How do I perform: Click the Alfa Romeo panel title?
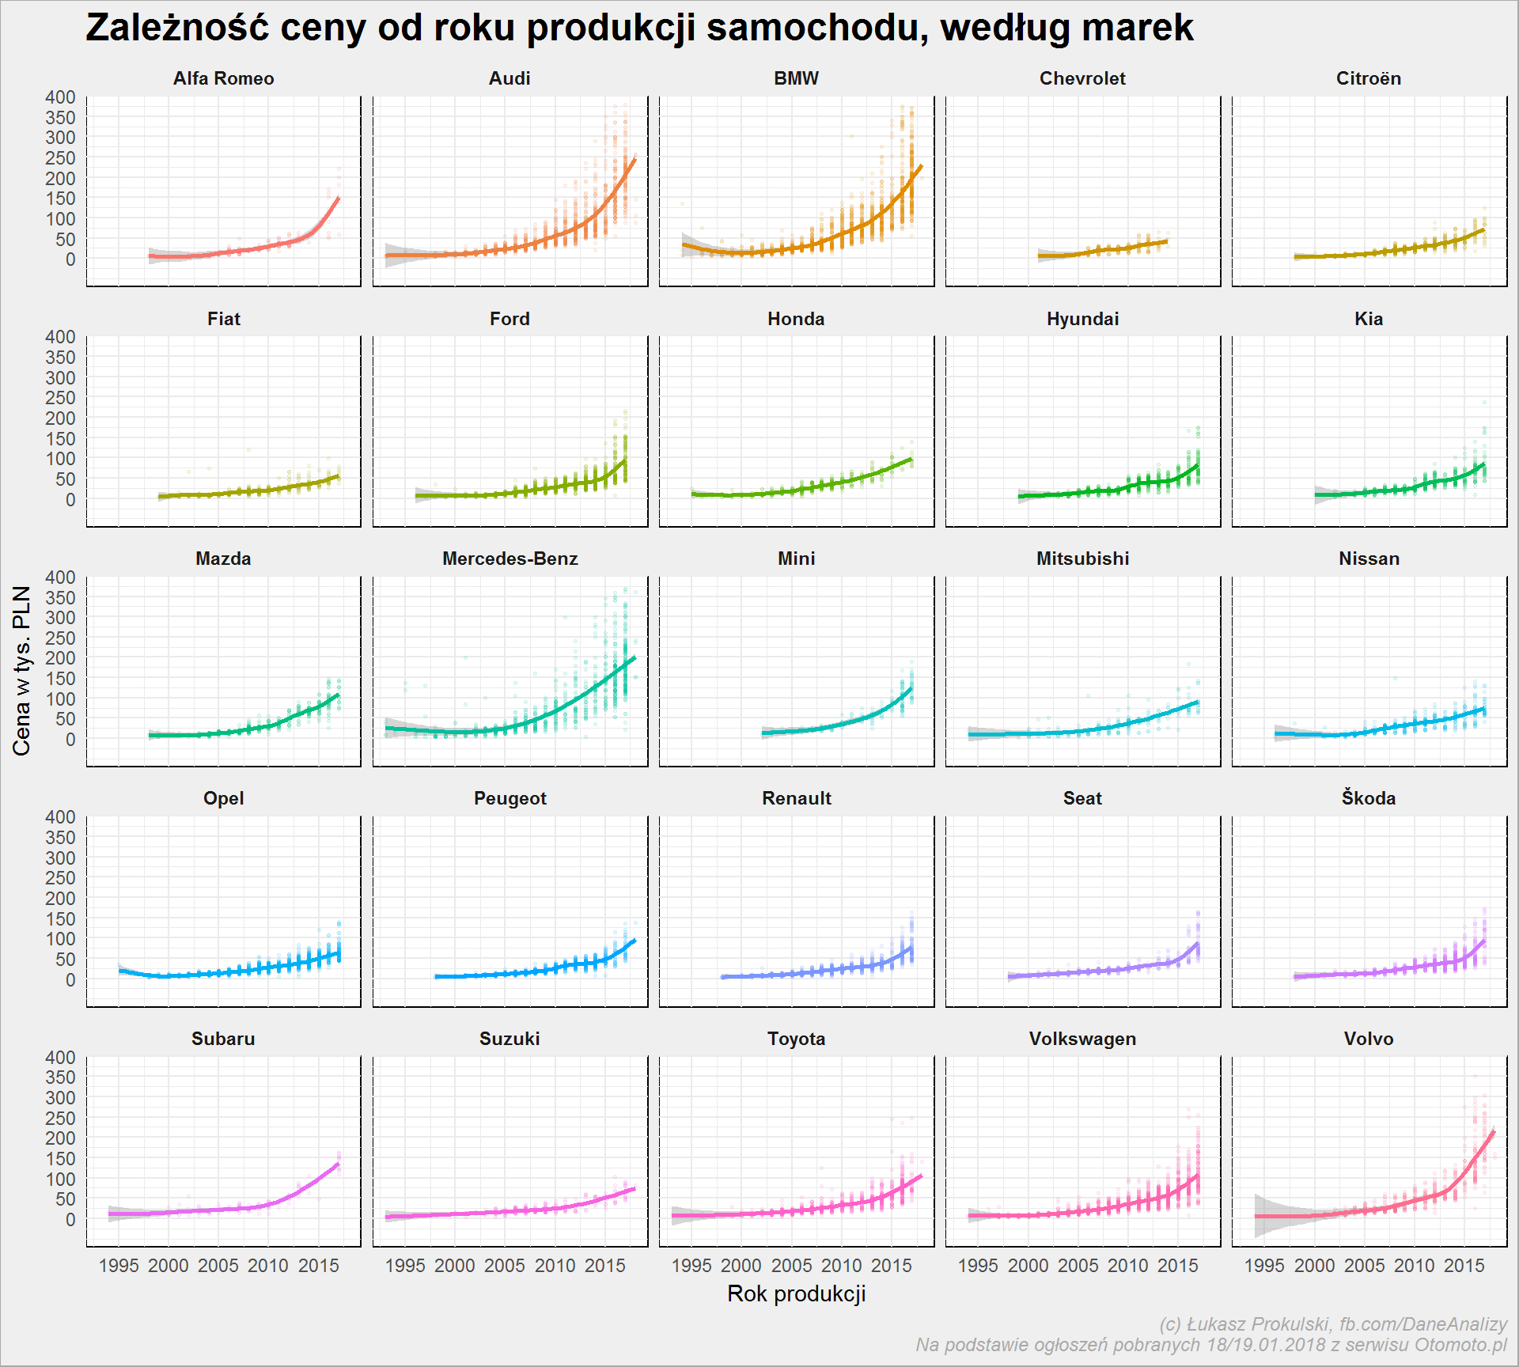point(223,78)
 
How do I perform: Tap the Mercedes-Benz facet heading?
point(510,559)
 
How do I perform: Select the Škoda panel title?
point(1369,797)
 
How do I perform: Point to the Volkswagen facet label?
point(1082,1039)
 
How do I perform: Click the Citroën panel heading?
point(1369,78)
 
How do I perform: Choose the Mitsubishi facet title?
point(1082,559)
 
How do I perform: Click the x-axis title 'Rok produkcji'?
point(797,1293)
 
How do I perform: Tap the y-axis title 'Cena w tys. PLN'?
point(21,671)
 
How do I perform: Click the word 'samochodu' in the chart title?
point(817,28)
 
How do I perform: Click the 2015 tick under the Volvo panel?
point(1464,1266)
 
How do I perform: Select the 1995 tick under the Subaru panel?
point(119,1266)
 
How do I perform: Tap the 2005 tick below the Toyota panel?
point(791,1266)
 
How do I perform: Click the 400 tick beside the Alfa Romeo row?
point(61,97)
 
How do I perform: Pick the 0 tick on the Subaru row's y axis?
point(70,1219)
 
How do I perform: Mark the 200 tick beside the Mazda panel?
point(61,658)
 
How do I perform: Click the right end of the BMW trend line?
point(922,166)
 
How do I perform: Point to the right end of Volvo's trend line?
point(1494,1131)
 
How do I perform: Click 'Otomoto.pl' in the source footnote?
point(1460,1345)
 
